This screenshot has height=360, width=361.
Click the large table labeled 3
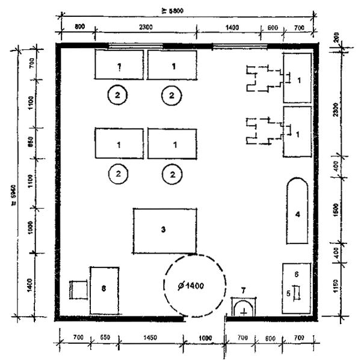164,230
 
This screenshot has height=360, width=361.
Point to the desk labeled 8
104,290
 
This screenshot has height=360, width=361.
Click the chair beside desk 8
79,290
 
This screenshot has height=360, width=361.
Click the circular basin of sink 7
243,311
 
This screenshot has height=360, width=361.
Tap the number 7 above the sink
243,291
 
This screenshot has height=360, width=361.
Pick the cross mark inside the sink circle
243,313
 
